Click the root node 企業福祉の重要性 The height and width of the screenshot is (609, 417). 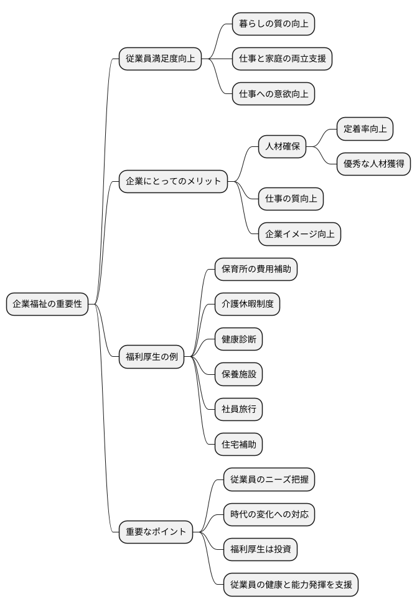(x=47, y=304)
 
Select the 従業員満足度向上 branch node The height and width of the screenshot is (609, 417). (x=160, y=59)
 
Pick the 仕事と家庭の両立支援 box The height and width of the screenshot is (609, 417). (x=282, y=59)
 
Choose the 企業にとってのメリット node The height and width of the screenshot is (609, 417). (x=173, y=182)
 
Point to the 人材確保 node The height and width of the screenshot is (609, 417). (x=283, y=147)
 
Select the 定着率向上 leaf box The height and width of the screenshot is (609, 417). (x=365, y=130)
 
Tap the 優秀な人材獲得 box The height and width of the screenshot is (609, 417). (x=373, y=164)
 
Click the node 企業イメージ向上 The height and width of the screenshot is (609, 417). (x=299, y=234)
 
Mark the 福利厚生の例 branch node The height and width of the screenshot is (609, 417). (x=151, y=357)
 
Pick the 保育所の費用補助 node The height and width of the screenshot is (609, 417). (x=256, y=269)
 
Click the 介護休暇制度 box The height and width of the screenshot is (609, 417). (x=247, y=304)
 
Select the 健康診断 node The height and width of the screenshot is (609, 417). (x=238, y=339)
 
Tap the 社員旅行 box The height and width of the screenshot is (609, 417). (x=238, y=409)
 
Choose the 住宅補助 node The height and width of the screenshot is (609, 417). (x=238, y=445)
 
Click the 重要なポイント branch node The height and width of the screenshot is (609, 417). (x=156, y=532)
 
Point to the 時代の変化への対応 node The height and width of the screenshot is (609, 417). (x=269, y=514)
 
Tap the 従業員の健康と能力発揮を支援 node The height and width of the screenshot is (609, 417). (x=291, y=584)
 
